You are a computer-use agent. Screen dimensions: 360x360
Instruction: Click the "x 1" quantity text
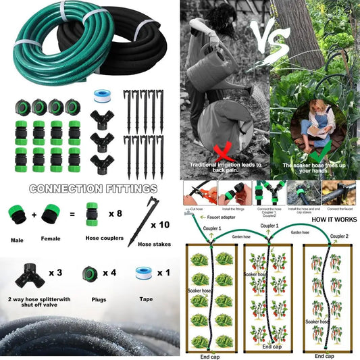(x=162, y=273)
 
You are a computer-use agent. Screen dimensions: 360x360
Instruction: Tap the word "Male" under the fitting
(x=18, y=240)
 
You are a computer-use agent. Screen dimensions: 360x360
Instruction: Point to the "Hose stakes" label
(x=153, y=244)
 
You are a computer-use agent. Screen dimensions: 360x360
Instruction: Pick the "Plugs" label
(x=99, y=298)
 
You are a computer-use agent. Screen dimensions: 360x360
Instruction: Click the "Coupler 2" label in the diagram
(x=339, y=237)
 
